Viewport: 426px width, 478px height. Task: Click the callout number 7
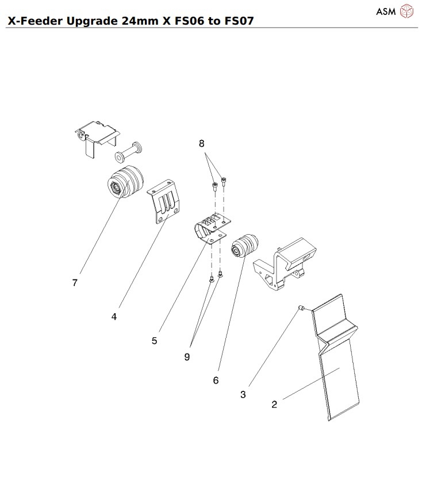click(75, 283)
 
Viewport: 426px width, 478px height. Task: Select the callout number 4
click(114, 316)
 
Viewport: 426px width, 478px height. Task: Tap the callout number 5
click(154, 341)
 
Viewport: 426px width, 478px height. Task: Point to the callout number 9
click(187, 356)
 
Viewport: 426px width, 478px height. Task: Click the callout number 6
click(216, 380)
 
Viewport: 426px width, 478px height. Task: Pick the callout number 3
click(243, 395)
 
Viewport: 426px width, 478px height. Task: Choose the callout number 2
click(274, 404)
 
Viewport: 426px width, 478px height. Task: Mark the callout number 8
click(202, 143)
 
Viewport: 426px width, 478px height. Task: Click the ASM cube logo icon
click(407, 11)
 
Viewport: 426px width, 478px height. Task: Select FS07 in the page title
click(235, 21)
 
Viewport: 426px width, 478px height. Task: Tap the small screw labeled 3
click(301, 309)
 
